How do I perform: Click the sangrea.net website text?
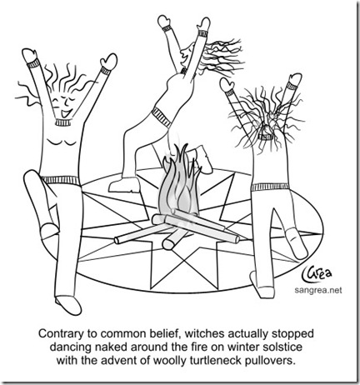click(318, 290)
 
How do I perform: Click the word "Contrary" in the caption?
click(56, 334)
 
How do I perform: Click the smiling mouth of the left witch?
click(67, 113)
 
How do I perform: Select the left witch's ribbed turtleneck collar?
click(63, 122)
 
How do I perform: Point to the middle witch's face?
click(186, 57)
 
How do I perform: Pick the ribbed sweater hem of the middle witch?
click(162, 117)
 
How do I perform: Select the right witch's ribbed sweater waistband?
click(270, 187)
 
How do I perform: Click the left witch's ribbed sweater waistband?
click(61, 181)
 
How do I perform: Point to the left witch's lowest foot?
click(68, 305)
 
